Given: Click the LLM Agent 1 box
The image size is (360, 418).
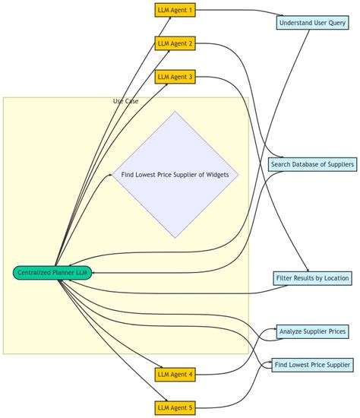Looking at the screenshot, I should coord(175,10).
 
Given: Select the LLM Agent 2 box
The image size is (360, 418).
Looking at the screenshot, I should coord(175,43).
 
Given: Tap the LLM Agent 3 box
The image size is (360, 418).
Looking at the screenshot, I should coord(175,77).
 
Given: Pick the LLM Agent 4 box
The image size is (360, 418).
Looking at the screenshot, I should coord(175,374).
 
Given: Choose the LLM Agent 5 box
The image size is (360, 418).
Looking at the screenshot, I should coord(175,408).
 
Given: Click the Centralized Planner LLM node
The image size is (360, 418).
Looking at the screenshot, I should coord(52,273).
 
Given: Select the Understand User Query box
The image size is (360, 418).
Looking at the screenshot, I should coord(312,23).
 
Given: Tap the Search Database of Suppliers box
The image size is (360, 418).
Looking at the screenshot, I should coord(312,164).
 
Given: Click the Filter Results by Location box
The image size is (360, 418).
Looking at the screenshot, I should coord(312,278).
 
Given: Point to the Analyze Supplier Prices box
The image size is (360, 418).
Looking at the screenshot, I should coord(312,331).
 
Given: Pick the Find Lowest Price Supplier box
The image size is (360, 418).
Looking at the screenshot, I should coord(312,365).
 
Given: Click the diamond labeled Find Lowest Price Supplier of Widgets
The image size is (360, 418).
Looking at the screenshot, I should coord(175,175).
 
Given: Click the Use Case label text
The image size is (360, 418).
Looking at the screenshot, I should coord(125,101).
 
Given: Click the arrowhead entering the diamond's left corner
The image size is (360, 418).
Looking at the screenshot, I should coord(110,175).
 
